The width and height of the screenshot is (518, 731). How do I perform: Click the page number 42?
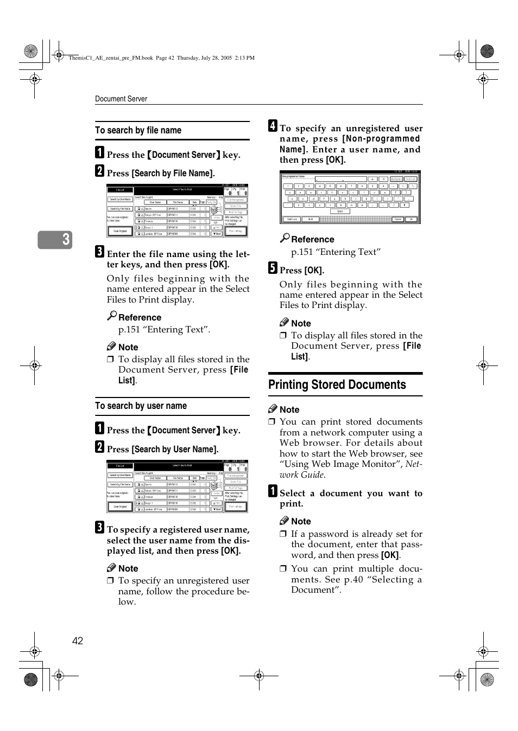[78, 641]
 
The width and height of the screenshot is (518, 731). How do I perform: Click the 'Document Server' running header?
[121, 99]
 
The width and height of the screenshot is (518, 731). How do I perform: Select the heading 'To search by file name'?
[138, 130]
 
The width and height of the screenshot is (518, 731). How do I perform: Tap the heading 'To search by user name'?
[141, 406]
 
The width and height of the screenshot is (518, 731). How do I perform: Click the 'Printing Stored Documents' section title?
[337, 384]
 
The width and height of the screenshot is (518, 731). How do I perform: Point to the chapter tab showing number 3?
[55, 240]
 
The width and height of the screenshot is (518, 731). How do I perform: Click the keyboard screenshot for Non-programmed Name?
[350, 197]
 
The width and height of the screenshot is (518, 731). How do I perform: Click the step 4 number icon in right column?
[273, 126]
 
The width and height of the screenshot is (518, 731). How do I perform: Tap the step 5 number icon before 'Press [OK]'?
[273, 268]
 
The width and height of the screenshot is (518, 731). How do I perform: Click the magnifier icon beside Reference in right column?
[285, 238]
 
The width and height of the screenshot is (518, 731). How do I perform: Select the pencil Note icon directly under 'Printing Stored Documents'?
[273, 409]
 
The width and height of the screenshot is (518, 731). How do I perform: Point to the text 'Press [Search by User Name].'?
[162, 449]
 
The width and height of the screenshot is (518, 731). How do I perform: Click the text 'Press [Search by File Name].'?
[161, 173]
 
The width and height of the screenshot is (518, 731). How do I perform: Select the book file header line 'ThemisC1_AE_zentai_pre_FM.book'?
[111, 57]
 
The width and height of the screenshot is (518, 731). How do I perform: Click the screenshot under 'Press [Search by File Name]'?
[177, 211]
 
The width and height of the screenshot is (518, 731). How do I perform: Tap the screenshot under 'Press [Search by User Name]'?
[177, 486]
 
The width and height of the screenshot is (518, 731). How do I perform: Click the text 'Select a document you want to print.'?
[350, 498]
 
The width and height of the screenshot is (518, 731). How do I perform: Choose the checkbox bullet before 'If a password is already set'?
[283, 534]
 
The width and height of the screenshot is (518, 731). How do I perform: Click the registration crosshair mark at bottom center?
[259, 676]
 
